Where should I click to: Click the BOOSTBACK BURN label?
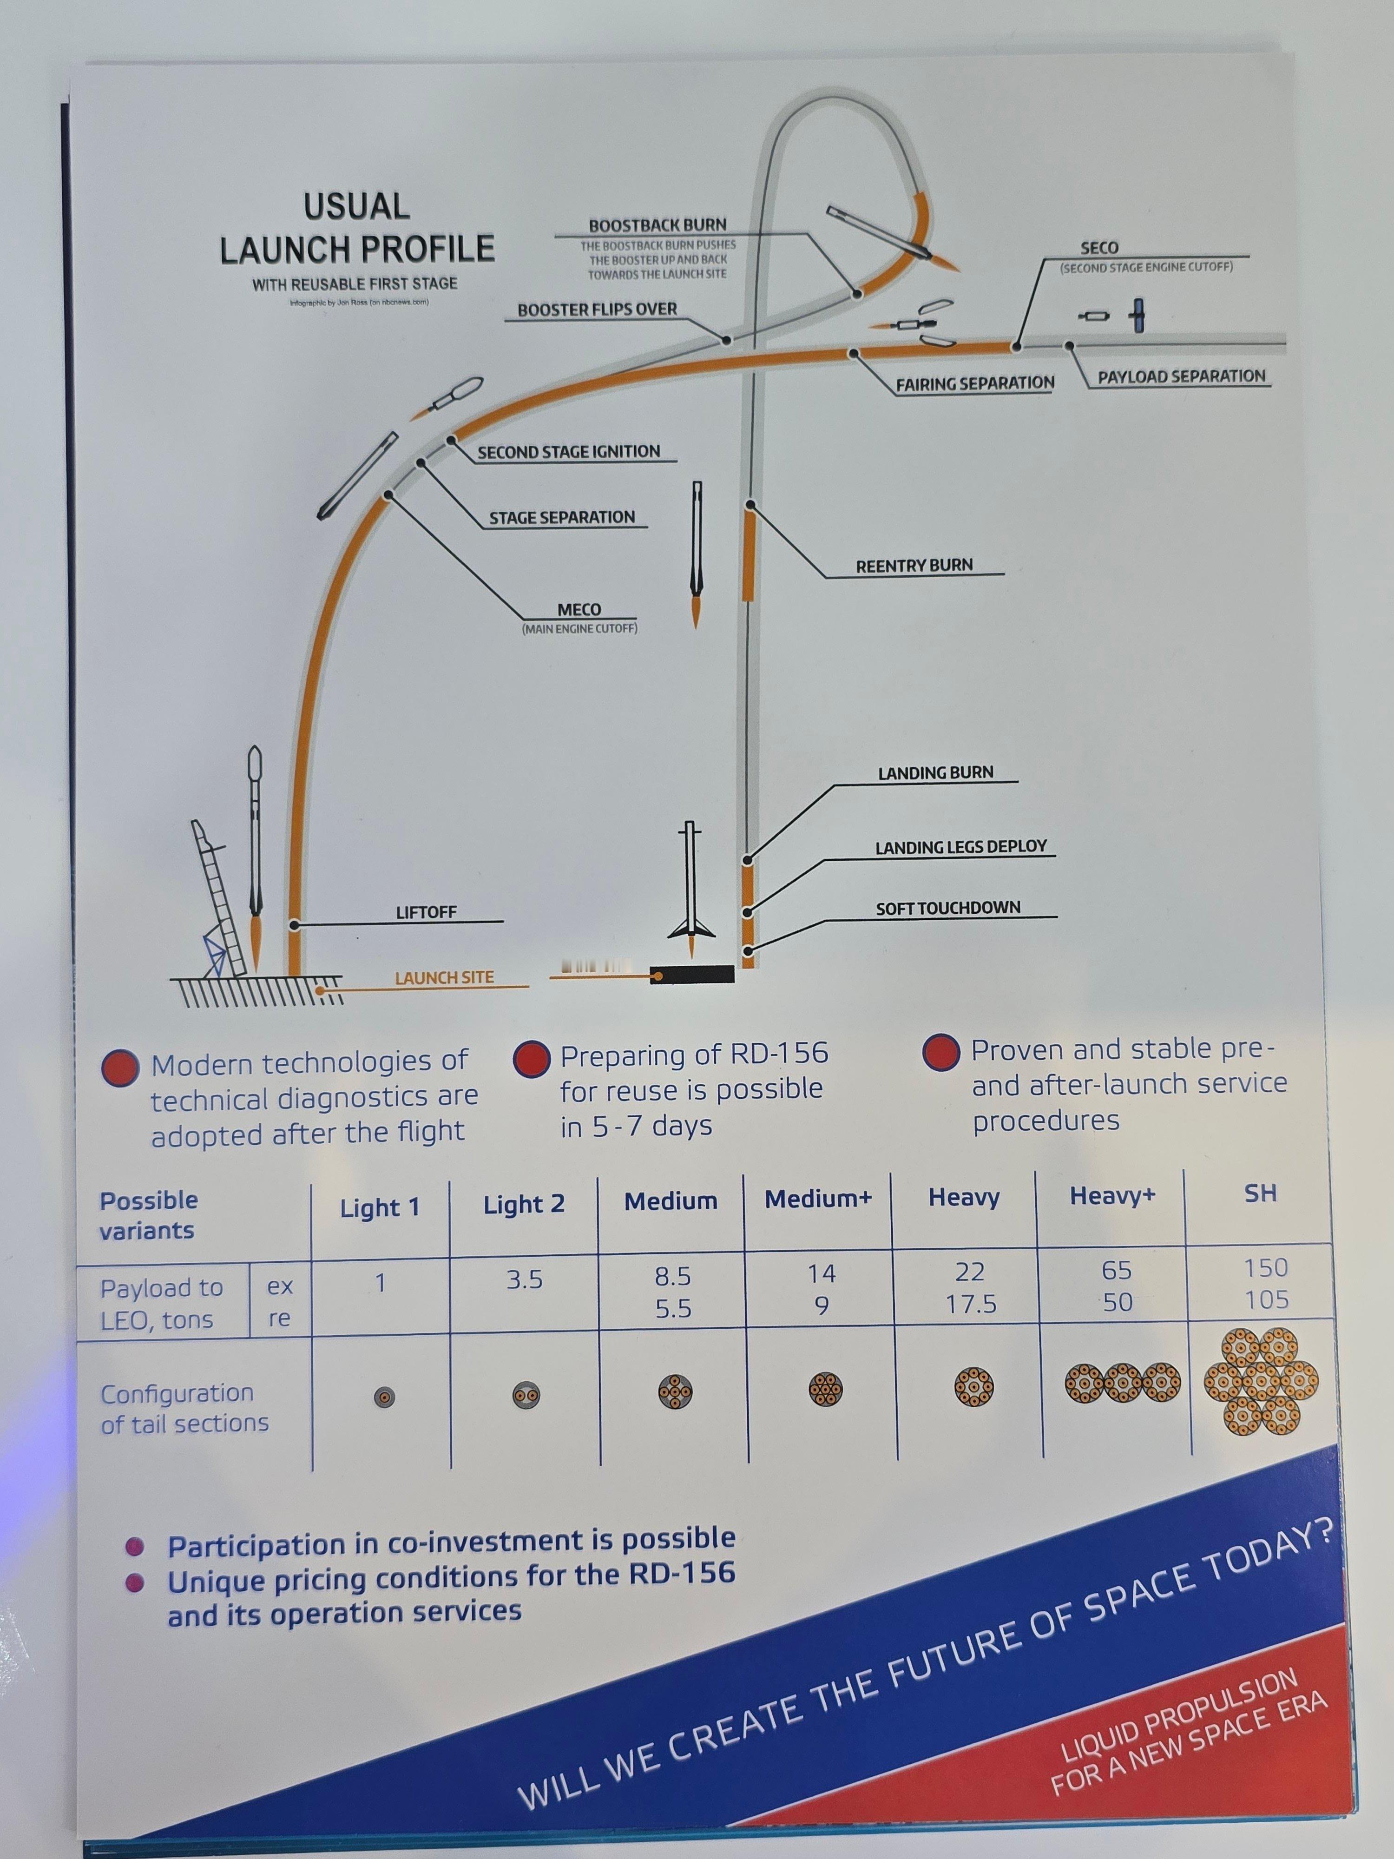(657, 225)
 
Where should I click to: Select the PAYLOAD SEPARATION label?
(1181, 376)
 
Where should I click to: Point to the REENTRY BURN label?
(914, 566)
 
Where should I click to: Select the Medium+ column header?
(817, 1199)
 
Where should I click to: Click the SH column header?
(1260, 1193)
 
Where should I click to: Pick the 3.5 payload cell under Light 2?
(524, 1280)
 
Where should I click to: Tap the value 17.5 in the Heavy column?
(971, 1305)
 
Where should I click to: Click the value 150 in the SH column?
(1265, 1267)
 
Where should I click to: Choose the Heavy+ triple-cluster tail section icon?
(1122, 1383)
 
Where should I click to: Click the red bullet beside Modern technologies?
(120, 1068)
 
